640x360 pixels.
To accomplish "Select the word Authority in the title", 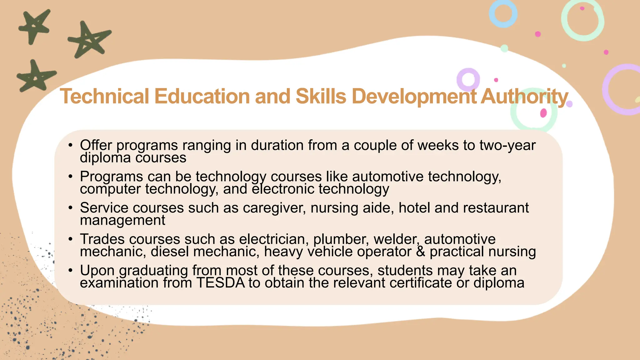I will tap(524, 97).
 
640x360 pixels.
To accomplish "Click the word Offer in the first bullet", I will tap(96, 145).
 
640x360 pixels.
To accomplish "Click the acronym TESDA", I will tap(221, 283).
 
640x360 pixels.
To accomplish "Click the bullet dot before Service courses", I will tap(71, 208).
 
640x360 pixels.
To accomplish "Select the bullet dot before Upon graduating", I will tap(71, 270).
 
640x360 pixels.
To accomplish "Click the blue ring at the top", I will tap(503, 14).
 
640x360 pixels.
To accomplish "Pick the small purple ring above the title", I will tap(468, 80).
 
